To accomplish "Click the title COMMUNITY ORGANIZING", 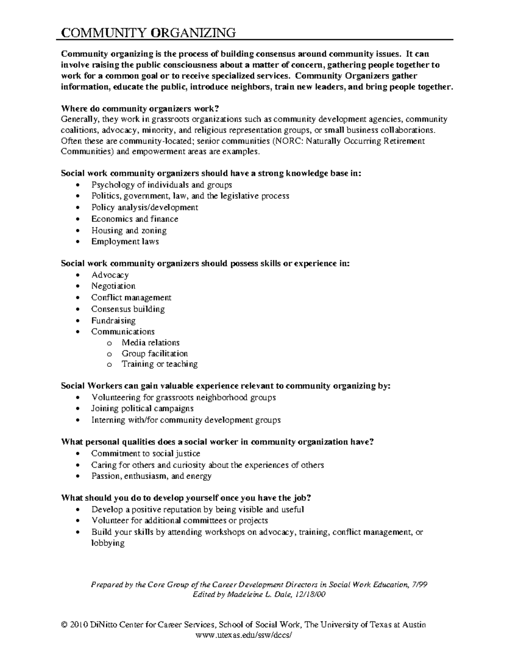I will tap(148, 33).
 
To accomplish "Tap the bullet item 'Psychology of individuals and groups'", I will tap(161, 185).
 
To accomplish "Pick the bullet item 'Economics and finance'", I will tap(135, 219).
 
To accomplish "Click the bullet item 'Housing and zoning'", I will tap(129, 230).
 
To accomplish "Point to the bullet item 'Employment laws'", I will tap(125, 242).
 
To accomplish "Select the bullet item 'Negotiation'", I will tap(113, 286).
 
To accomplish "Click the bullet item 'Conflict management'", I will tap(131, 298).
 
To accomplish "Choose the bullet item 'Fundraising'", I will tap(113, 321).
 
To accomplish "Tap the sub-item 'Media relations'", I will tap(150, 343).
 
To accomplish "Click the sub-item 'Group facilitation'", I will tap(155, 353).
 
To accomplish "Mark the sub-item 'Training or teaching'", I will tap(159, 364).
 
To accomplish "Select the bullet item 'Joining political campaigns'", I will tap(142, 408).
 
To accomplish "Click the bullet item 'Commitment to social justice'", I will tap(145, 453).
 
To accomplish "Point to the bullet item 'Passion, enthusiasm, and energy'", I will tap(151, 476).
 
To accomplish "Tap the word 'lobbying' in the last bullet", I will tap(107, 543).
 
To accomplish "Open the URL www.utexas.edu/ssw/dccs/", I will tap(244, 635).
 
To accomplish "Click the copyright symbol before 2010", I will tap(65, 625).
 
